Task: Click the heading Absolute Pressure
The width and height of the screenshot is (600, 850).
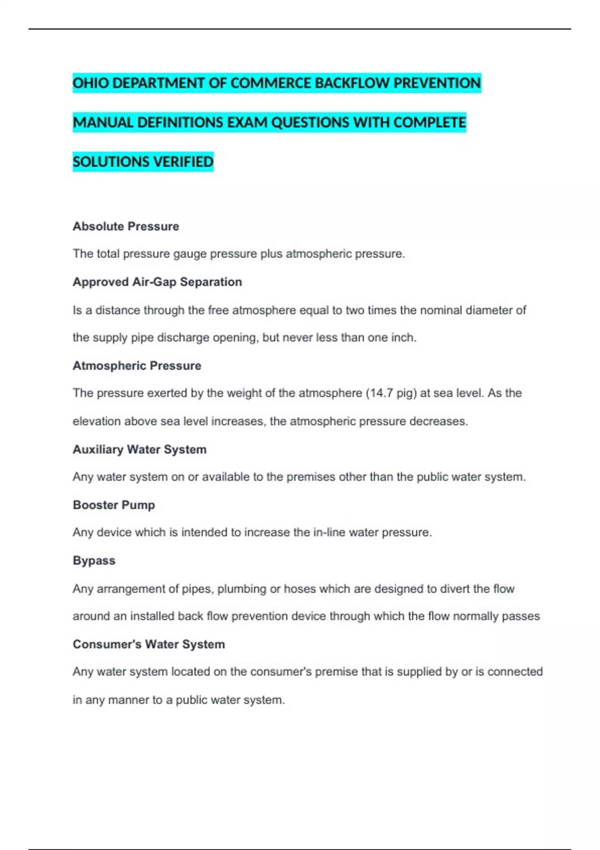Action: (x=125, y=226)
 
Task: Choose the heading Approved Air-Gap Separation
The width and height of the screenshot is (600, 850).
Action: (x=157, y=282)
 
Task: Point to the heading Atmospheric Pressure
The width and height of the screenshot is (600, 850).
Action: (x=136, y=365)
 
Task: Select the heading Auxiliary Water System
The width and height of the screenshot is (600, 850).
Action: (x=139, y=449)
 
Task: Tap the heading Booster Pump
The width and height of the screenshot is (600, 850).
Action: (x=113, y=505)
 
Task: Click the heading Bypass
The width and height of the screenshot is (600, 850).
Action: (x=94, y=560)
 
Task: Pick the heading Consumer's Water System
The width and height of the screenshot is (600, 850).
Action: (x=148, y=644)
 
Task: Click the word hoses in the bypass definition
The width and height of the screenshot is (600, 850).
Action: (x=299, y=588)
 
